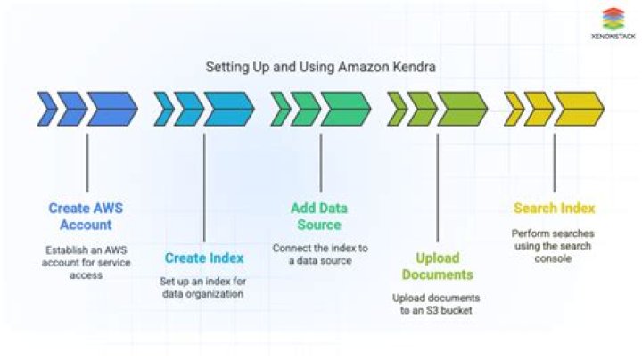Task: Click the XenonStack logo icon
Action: click(613, 19)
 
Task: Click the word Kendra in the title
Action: click(415, 67)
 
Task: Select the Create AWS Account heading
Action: click(86, 216)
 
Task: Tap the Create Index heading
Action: click(204, 258)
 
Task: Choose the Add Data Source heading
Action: click(319, 216)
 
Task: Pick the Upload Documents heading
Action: click(437, 266)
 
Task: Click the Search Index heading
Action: click(554, 209)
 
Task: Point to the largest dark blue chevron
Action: click(112, 109)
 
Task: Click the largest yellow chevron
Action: click(580, 109)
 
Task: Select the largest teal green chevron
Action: click(346, 109)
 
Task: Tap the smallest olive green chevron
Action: click(397, 109)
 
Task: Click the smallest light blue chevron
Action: click(164, 109)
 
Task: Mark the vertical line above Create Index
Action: click(204, 187)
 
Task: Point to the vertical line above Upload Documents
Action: click(437, 187)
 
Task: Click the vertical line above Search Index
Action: click(555, 162)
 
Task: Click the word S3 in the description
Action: click(427, 310)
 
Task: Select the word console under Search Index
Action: click(553, 258)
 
